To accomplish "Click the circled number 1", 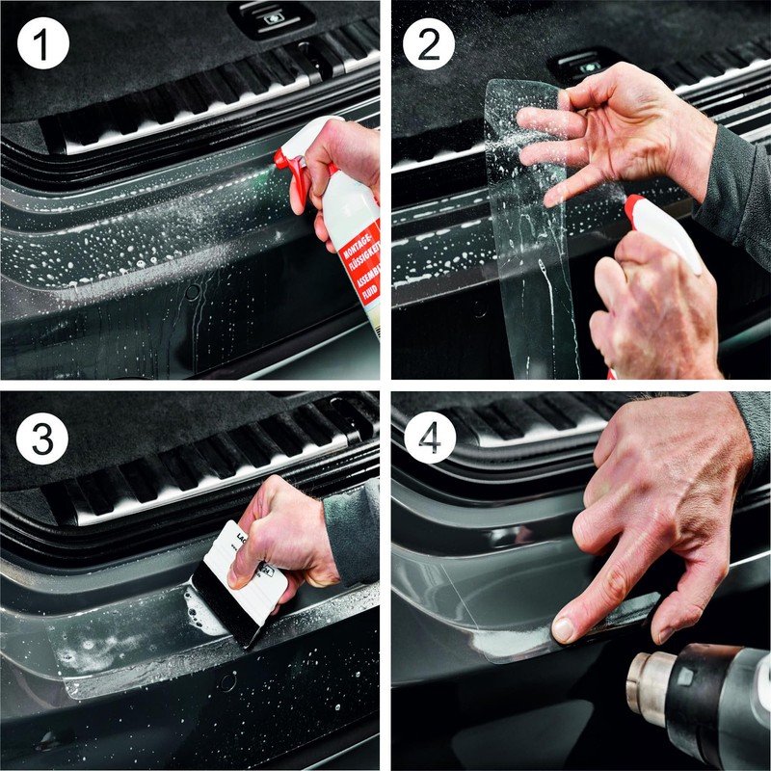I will click(x=43, y=43).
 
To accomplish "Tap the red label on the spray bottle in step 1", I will click(x=362, y=275).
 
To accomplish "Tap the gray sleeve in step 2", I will click(x=737, y=193).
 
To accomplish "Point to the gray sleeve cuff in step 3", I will click(x=352, y=530).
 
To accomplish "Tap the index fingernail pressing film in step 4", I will click(x=565, y=629).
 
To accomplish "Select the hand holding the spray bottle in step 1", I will click(x=337, y=164).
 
